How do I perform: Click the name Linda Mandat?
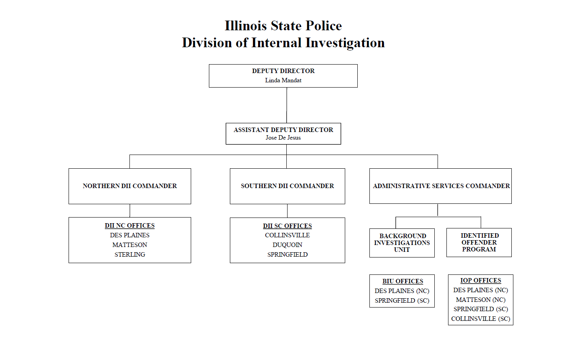click(283, 80)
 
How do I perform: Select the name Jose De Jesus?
click(283, 138)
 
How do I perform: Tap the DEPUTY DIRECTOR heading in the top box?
click(283, 71)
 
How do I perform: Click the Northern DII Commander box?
click(129, 186)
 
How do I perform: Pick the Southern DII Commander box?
click(287, 186)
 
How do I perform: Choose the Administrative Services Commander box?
click(440, 186)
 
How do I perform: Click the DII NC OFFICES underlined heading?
click(129, 226)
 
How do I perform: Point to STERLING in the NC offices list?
click(129, 255)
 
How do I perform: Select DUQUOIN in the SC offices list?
click(287, 245)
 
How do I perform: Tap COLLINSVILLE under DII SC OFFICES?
click(287, 235)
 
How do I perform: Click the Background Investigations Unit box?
click(402, 243)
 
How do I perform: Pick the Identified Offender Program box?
click(479, 242)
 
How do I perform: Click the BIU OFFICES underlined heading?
click(402, 281)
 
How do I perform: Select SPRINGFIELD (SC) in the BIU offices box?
click(402, 301)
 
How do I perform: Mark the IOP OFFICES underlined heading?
click(480, 280)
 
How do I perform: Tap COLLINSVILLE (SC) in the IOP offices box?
click(480, 319)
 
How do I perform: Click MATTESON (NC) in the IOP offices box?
click(480, 300)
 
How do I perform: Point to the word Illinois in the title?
click(246, 26)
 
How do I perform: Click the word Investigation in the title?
click(345, 43)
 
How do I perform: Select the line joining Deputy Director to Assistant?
click(287, 105)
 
